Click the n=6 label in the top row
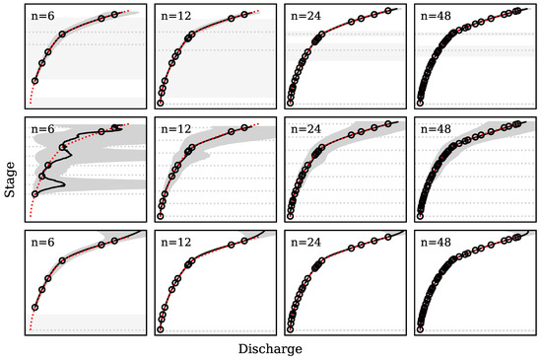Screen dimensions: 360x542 pyautogui.click(x=42, y=16)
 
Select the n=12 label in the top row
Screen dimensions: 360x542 pyautogui.click(x=174, y=16)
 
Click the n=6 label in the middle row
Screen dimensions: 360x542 pyautogui.click(x=42, y=129)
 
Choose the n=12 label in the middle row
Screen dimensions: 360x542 pyautogui.click(x=174, y=129)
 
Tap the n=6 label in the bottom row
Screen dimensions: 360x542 pyautogui.click(x=42, y=243)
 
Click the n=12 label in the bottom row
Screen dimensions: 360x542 pyautogui.click(x=174, y=243)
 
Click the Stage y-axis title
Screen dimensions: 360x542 pyautogui.click(x=9, y=180)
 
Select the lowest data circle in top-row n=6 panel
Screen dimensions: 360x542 pyautogui.click(x=34, y=81)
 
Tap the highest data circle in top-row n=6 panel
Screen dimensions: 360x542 pyautogui.click(x=115, y=15)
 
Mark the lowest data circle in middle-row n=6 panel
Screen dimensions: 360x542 pyautogui.click(x=34, y=194)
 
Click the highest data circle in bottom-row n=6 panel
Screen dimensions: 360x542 pyautogui.click(x=115, y=242)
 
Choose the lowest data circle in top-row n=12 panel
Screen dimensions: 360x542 pyautogui.click(x=160, y=103)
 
